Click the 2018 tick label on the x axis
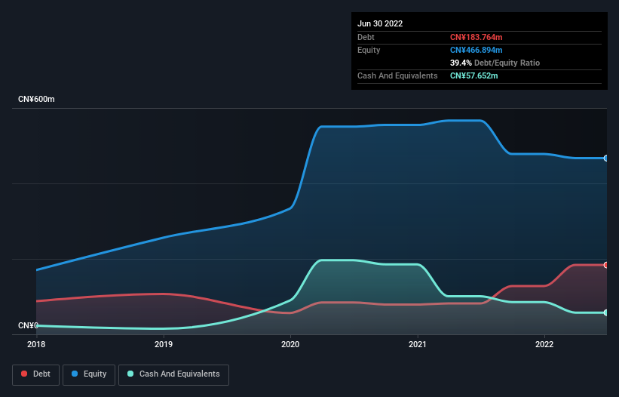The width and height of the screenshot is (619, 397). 36,344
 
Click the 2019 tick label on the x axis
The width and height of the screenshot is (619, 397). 164,344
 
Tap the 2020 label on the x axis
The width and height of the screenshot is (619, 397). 290,344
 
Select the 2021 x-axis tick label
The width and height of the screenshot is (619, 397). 418,344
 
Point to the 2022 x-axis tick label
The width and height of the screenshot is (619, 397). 544,344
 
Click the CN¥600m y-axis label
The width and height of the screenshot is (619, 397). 36,100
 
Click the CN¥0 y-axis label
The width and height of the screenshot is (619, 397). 28,325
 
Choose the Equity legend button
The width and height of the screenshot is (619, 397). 89,374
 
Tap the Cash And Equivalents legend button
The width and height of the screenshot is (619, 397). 173,374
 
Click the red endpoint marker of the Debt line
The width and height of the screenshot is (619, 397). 606,265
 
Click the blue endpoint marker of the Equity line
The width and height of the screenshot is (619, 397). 606,158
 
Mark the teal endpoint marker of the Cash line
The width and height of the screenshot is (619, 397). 606,312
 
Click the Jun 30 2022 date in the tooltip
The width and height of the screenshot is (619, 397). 380,23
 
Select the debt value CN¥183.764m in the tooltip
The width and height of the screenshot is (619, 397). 476,37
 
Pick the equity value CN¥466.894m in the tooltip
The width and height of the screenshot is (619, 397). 476,50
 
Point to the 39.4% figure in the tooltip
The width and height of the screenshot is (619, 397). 461,63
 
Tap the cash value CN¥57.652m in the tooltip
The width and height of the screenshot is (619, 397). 473,75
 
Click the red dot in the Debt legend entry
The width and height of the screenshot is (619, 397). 24,374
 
